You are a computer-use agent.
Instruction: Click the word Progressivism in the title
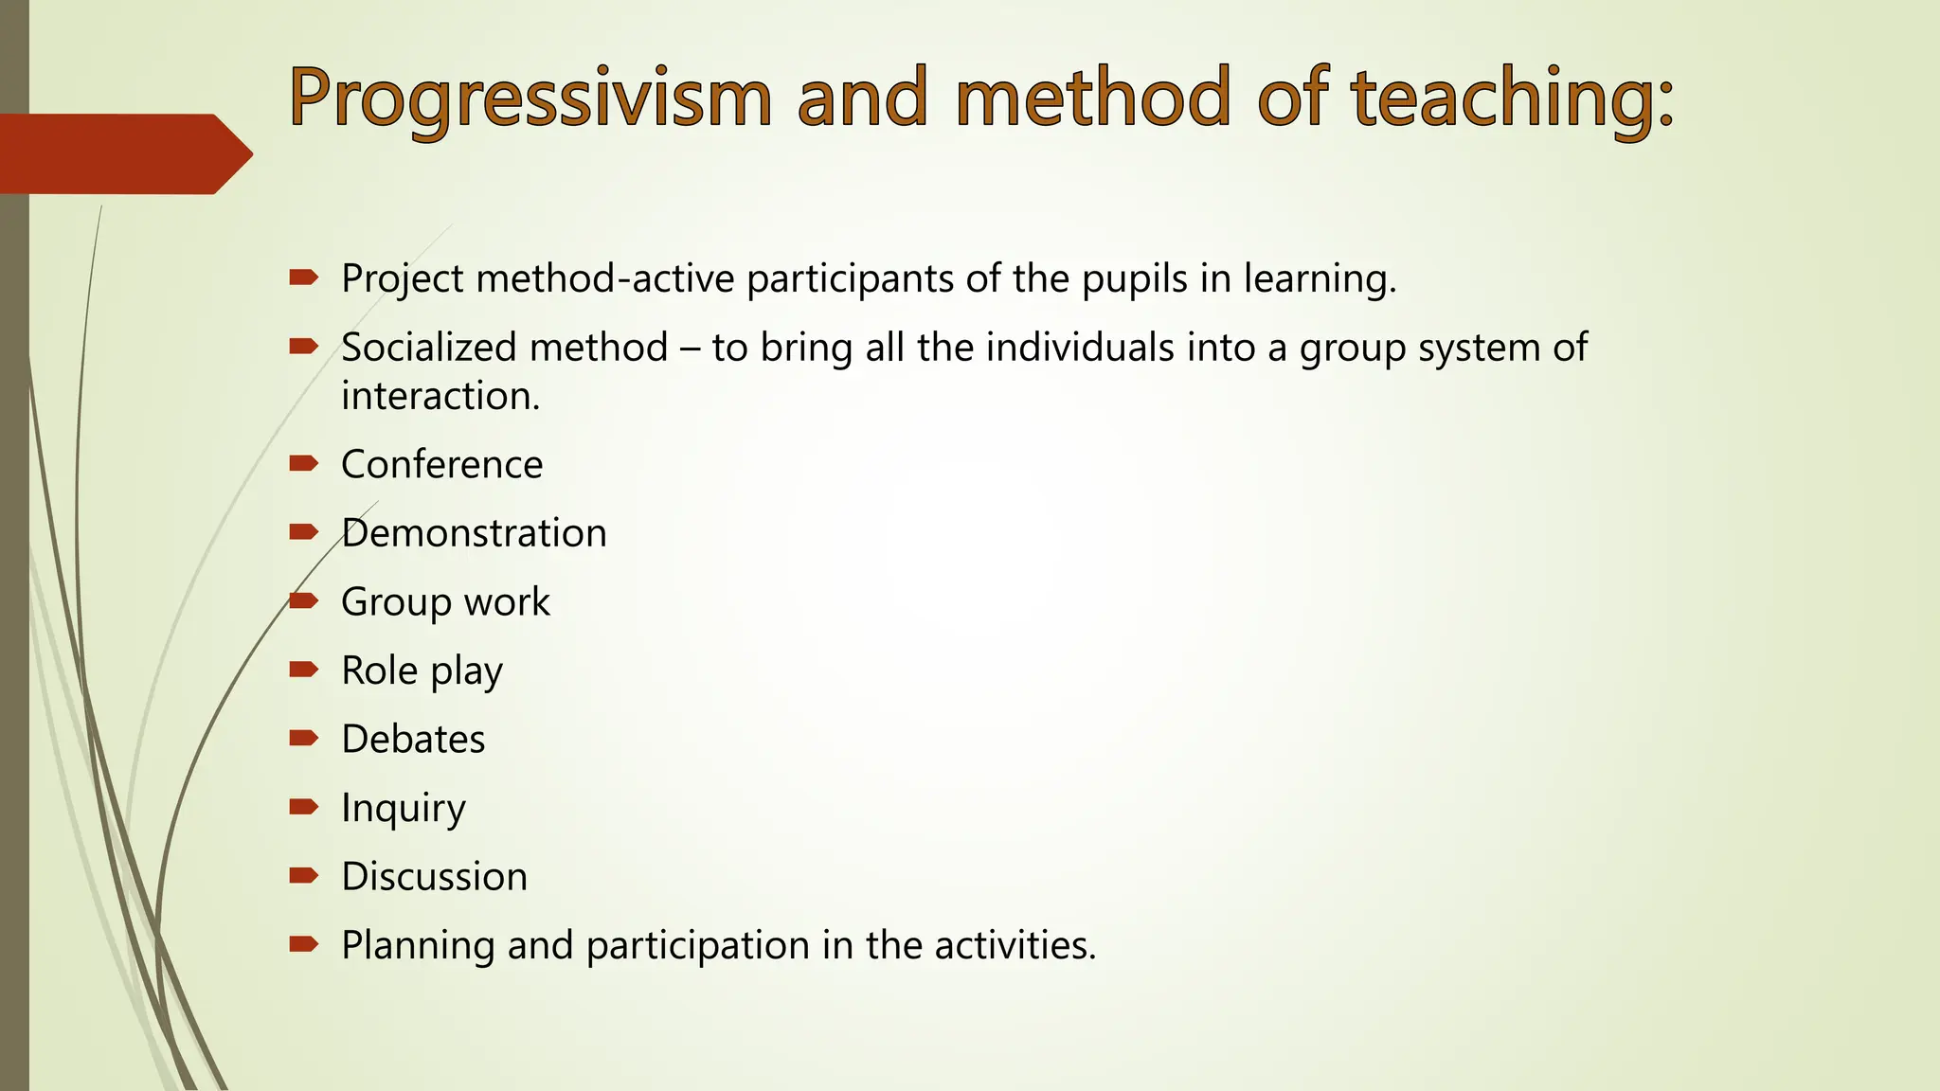pos(530,99)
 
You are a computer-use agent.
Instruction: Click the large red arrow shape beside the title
pos(123,153)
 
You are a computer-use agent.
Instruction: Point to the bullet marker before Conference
pos(303,463)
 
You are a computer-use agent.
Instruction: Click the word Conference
pos(441,465)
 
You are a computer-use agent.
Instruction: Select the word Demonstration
pos(474,533)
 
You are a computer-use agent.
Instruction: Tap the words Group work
pos(445,602)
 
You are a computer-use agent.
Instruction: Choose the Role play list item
pos(422,671)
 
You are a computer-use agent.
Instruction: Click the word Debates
pos(413,740)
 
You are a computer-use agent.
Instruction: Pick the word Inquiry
pos(404,809)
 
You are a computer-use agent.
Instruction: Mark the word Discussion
pos(434,877)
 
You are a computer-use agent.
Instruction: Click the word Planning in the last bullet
pos(418,946)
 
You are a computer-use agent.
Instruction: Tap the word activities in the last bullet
pos(1014,945)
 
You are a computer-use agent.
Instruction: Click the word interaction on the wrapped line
pos(440,396)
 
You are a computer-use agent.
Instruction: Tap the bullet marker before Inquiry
pos(303,807)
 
